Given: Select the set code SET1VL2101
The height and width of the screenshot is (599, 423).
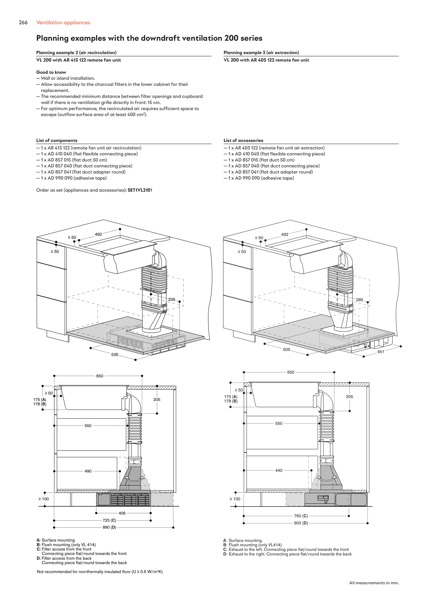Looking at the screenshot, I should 140,190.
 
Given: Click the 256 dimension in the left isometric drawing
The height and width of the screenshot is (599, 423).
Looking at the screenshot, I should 171,299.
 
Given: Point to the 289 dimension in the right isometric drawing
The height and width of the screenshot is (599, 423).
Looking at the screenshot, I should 359,300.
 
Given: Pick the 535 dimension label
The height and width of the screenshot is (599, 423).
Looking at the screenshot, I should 115,355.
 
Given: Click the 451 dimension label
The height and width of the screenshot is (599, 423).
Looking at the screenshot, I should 380,352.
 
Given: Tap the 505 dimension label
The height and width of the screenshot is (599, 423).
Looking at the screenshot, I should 286,349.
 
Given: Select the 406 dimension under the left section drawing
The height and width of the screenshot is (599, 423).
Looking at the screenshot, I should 122,513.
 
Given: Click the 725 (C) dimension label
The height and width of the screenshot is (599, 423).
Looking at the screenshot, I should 109,520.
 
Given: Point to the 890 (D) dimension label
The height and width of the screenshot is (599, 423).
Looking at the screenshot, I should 109,527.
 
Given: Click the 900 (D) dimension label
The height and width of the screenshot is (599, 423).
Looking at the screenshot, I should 301,523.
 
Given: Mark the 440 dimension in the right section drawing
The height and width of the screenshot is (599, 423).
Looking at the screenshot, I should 279,470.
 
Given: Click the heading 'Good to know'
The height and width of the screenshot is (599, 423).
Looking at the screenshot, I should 51,72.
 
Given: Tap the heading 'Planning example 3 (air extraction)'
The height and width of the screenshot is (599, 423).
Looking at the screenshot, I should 261,52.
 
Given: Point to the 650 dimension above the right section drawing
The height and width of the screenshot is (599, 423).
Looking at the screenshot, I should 291,372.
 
